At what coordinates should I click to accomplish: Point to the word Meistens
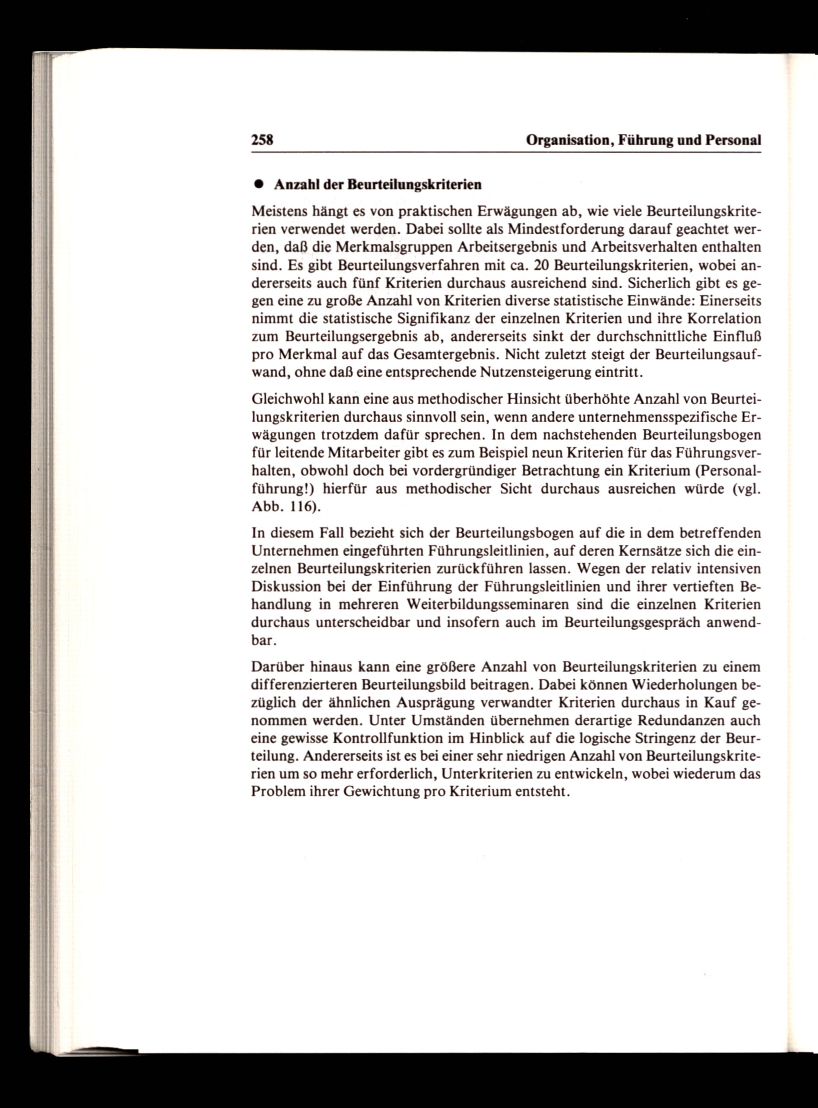pyautogui.click(x=277, y=212)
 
